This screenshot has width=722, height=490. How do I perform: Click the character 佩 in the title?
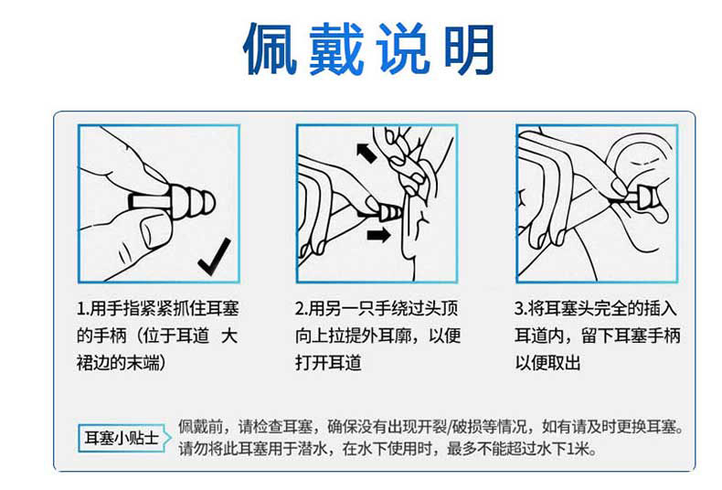270,48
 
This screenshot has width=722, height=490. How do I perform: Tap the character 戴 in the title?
336,48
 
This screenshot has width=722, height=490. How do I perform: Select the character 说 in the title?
403,48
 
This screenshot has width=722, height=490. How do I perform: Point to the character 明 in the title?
468,49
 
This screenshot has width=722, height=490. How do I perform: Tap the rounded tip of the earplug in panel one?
208,203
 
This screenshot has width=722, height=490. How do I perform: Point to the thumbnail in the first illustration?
151,231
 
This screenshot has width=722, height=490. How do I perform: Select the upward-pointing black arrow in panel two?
367,153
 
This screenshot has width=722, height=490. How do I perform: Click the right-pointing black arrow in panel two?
378,235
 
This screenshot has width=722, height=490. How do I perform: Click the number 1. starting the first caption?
82,309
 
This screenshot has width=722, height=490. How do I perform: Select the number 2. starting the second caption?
302,309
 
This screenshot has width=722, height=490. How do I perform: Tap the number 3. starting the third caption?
521,309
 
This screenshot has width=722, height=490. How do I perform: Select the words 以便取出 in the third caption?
547,363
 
